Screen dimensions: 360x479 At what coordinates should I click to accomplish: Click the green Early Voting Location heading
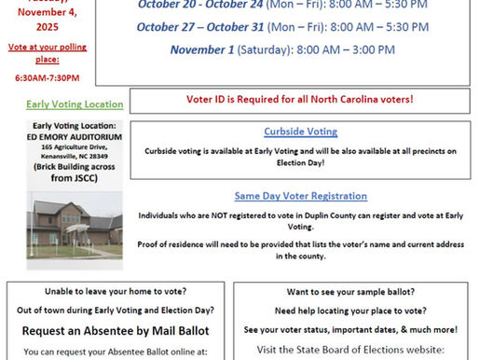(62, 104)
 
